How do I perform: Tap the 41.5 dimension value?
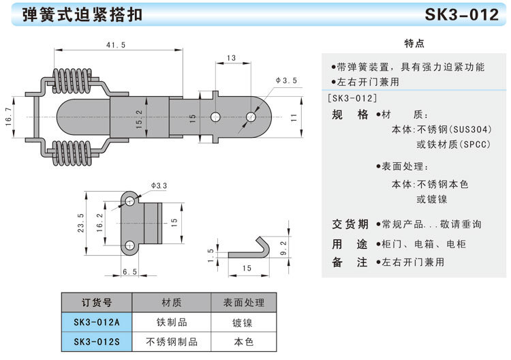(x=115, y=45)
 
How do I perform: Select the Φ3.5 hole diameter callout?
(x=286, y=81)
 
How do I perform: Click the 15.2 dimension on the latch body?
(x=139, y=117)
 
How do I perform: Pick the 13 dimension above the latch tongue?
(x=232, y=59)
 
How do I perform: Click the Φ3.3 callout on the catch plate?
(x=158, y=185)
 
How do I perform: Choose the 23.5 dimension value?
(x=80, y=224)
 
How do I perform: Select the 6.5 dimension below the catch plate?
(x=130, y=271)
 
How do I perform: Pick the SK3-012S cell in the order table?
(x=96, y=342)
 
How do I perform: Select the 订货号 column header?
(x=96, y=303)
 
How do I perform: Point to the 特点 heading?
(x=414, y=43)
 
